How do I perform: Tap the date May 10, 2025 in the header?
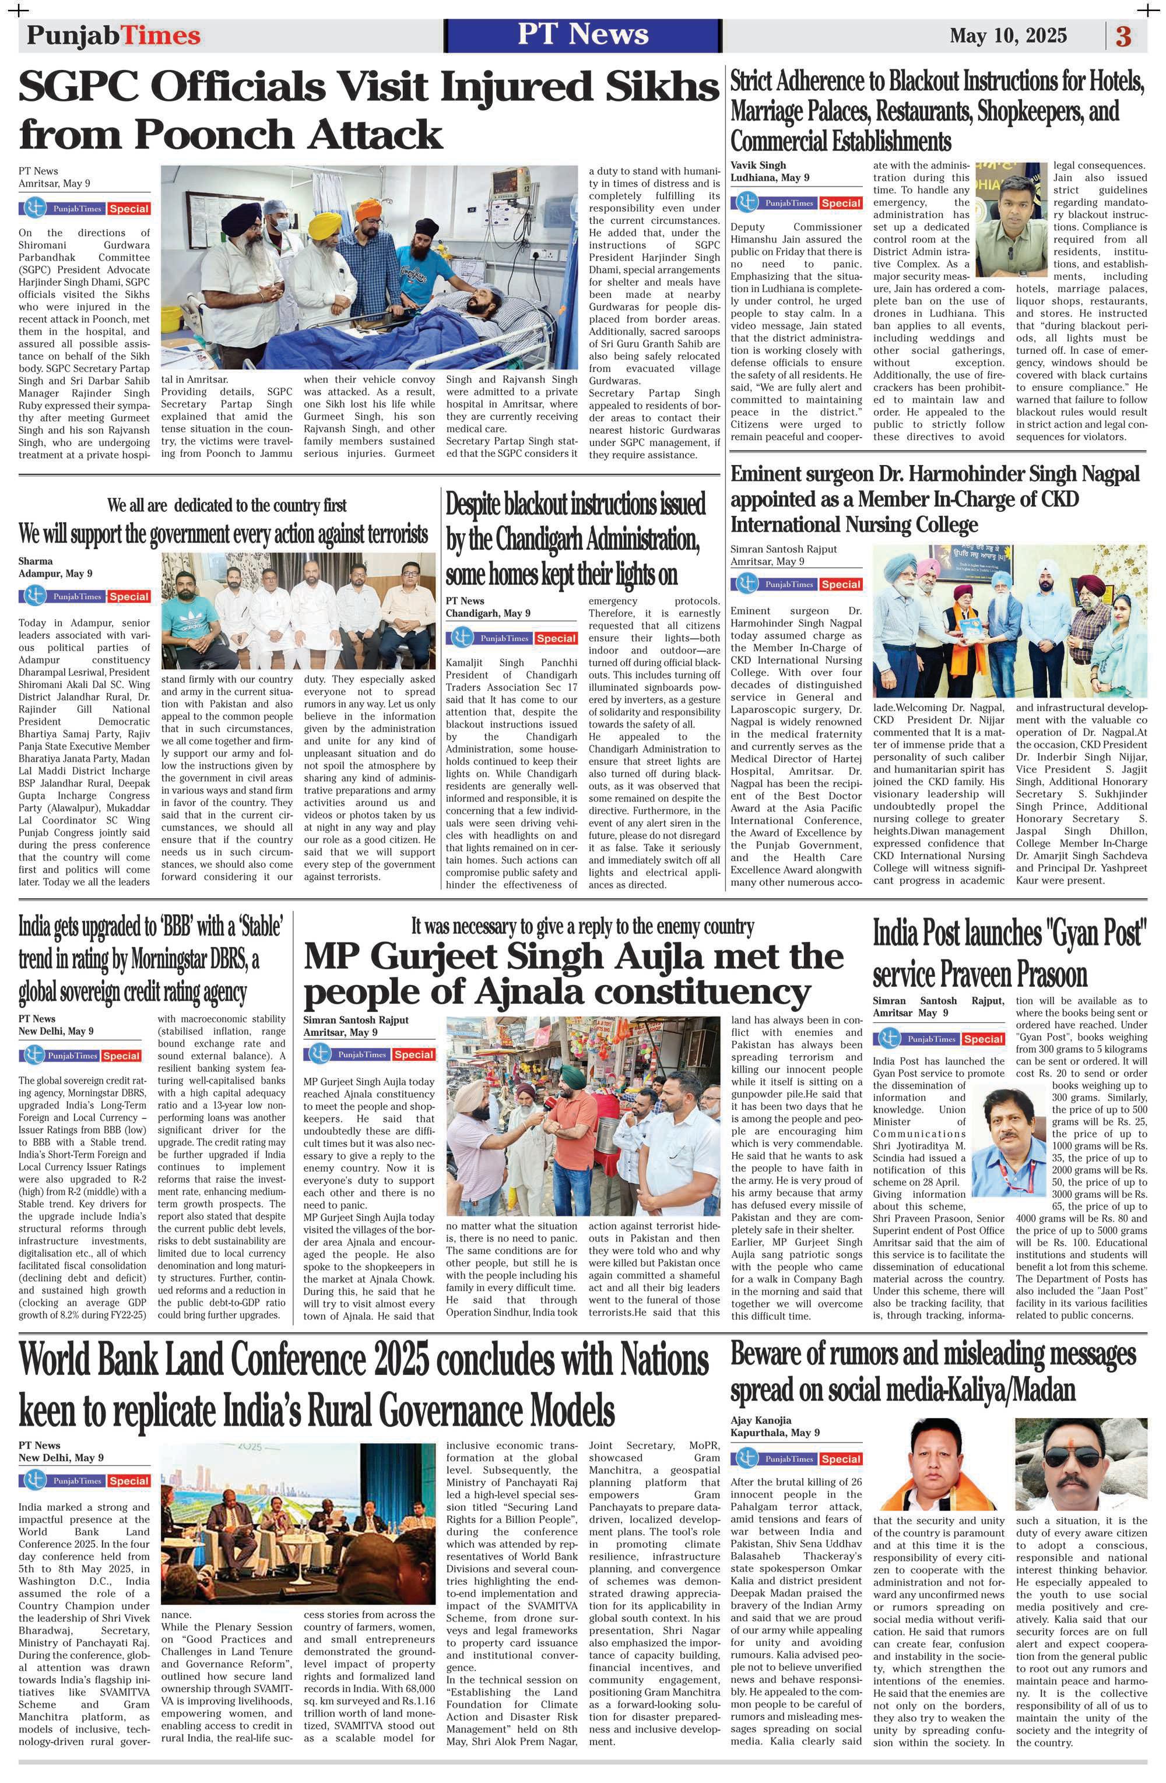coord(1008,35)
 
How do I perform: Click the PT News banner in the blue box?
coord(582,34)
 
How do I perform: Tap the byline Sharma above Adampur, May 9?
coord(35,560)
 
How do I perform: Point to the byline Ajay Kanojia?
coord(761,1420)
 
